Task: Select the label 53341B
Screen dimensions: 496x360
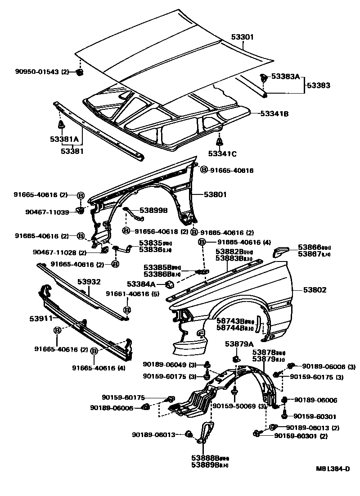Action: coord(274,114)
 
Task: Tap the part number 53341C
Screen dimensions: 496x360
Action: coord(222,153)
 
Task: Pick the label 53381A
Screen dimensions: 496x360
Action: coord(64,140)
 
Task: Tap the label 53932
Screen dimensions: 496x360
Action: coord(89,282)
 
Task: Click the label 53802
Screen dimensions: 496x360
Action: coord(315,290)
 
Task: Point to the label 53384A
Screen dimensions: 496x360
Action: coord(141,284)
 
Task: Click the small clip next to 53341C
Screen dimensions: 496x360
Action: coord(220,142)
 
